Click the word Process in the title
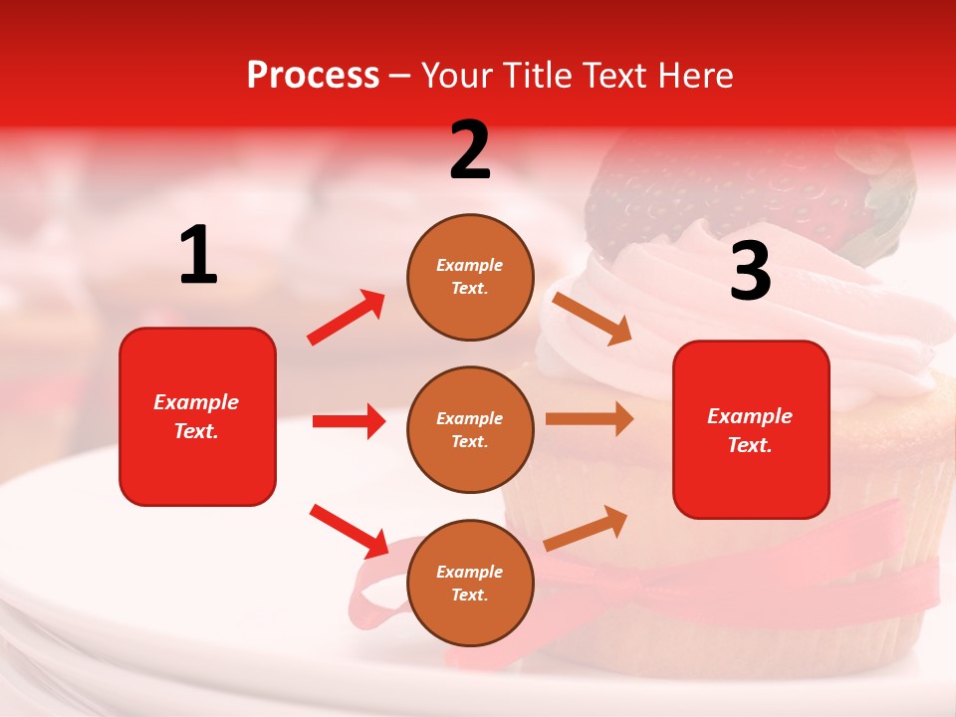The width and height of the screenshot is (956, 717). click(313, 76)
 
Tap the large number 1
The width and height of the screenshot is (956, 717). click(198, 256)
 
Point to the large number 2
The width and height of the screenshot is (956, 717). click(470, 150)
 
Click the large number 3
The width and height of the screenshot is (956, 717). click(750, 272)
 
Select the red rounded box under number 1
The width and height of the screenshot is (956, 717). click(197, 416)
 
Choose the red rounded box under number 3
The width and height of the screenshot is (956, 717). click(751, 429)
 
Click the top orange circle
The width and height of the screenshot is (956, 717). click(470, 277)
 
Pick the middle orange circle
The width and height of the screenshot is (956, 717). click(470, 429)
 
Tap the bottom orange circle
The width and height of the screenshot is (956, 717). click(470, 583)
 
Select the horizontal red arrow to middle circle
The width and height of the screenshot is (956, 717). click(349, 421)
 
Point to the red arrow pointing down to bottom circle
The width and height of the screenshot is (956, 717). click(349, 531)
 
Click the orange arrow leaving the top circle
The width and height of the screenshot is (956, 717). click(593, 318)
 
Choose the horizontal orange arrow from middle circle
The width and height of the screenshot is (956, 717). click(590, 419)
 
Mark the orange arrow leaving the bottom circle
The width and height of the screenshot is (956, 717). click(587, 528)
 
